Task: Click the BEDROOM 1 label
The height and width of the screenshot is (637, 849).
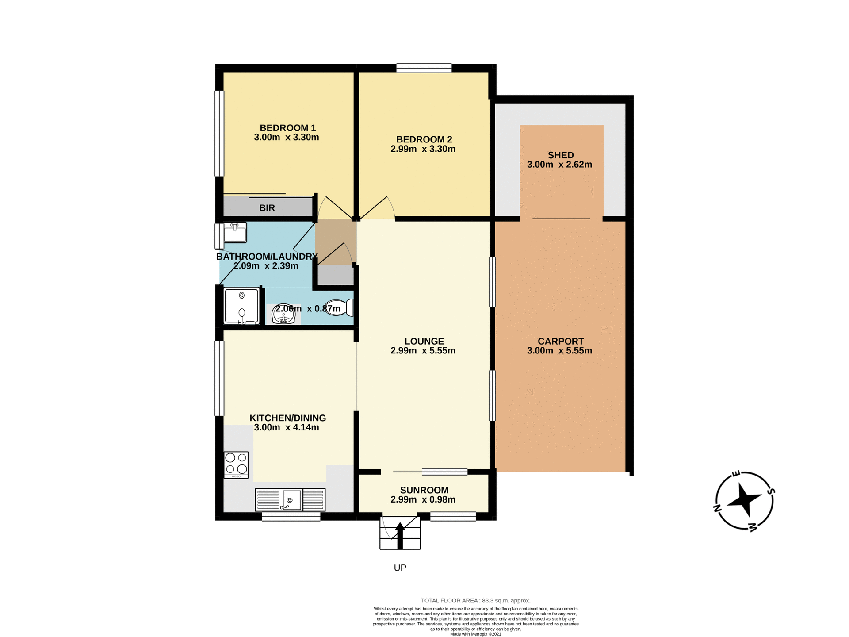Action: point(287,128)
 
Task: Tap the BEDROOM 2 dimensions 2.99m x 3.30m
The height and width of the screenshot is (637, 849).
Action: point(423,149)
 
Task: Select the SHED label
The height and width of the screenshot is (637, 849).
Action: point(560,155)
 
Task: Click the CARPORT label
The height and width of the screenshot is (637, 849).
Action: point(560,341)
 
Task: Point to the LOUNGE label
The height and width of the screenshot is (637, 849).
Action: point(424,341)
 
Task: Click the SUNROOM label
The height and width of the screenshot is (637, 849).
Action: point(424,490)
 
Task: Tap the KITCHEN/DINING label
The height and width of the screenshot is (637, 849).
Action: point(287,418)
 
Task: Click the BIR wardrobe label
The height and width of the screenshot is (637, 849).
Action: point(267,208)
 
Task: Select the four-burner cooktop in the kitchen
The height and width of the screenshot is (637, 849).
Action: point(236,464)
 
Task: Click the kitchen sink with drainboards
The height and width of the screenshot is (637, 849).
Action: point(290,500)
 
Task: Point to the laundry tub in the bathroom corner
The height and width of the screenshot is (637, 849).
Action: point(235,233)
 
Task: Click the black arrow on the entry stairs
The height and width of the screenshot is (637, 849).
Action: point(400,534)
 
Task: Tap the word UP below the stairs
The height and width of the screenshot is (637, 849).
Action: point(400,568)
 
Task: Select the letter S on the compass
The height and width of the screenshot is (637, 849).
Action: point(771,491)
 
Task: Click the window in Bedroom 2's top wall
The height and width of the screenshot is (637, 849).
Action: point(424,68)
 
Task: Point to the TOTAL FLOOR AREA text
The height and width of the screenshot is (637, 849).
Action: point(475,600)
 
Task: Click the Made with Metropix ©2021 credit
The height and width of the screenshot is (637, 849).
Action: point(475,634)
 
